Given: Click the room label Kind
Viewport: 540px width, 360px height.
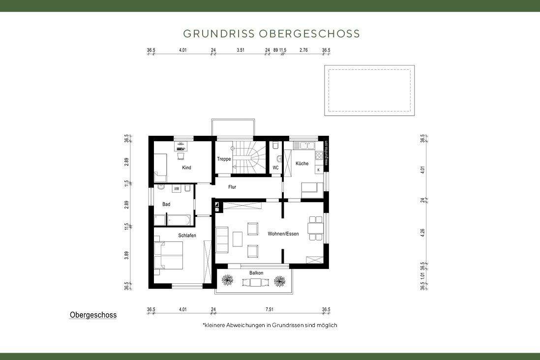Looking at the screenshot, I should [x=186, y=168].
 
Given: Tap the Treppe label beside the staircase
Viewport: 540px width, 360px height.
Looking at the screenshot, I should [x=224, y=159].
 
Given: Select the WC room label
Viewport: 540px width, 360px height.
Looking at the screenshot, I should [x=275, y=168].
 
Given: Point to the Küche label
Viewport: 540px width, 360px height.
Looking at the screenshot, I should [x=302, y=163].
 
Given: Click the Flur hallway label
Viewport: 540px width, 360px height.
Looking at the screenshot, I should [x=232, y=187].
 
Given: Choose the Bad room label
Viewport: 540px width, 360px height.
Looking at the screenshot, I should [x=166, y=204].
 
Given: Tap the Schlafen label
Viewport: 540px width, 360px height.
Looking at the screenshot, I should [x=187, y=236].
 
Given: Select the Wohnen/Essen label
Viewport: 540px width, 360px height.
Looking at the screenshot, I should [x=283, y=234].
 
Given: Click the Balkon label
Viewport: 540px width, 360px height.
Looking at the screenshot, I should [x=256, y=273].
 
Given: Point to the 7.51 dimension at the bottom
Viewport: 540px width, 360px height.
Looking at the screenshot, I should [x=270, y=309].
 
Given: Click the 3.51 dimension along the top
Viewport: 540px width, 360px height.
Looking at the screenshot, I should [x=240, y=50].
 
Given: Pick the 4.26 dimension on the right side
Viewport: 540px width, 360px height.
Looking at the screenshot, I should [x=422, y=233].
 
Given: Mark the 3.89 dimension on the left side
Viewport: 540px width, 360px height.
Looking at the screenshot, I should [x=126, y=255].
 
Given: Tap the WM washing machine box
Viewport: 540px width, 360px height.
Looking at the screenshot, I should [x=176, y=189].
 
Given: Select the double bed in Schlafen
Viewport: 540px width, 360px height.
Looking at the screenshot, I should [x=169, y=256].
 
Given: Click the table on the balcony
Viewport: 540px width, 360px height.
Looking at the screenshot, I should [x=254, y=282].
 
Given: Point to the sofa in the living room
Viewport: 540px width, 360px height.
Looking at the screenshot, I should [x=222, y=240].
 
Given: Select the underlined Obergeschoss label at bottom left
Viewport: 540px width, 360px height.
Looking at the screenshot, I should [x=93, y=315].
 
